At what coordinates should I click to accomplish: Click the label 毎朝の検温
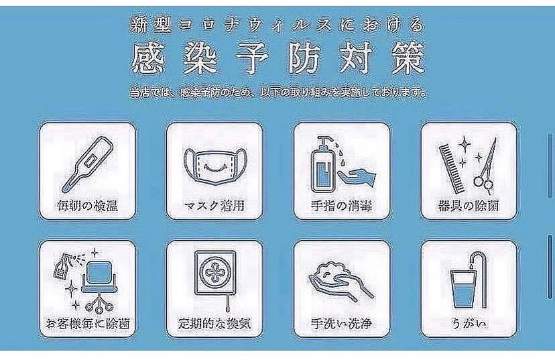click(87, 204)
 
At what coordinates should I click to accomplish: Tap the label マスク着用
click(213, 204)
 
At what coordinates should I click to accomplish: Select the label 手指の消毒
click(342, 204)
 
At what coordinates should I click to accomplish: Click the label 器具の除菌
click(469, 204)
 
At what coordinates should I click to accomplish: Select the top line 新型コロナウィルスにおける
click(277, 26)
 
